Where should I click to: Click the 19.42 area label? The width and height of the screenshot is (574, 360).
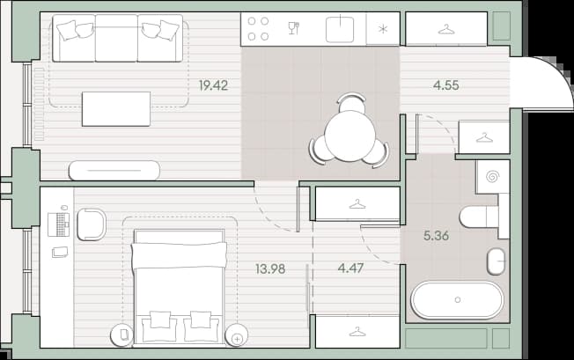[x=213, y=85]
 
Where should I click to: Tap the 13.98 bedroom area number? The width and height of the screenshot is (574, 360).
[x=270, y=269]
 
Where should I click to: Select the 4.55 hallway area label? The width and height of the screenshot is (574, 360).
[x=445, y=85]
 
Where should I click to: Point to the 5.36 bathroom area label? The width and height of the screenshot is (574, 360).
[x=436, y=236]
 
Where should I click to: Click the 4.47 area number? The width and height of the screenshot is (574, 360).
[x=350, y=268]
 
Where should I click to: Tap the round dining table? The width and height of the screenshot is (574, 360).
[x=350, y=136]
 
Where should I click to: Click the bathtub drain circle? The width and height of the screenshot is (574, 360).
[x=457, y=299]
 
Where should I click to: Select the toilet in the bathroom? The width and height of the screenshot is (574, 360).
[x=479, y=217]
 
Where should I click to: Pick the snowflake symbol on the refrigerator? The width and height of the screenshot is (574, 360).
[x=383, y=29]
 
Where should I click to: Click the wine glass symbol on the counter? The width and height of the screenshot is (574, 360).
[x=293, y=28]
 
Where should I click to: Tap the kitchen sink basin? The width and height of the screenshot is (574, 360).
[x=340, y=30]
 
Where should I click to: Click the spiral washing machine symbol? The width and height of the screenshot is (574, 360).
[x=492, y=177]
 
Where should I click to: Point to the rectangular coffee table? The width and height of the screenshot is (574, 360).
[x=116, y=109]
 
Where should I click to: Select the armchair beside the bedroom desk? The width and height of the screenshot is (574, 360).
[x=92, y=224]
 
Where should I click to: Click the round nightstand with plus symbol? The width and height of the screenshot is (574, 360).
[x=237, y=335]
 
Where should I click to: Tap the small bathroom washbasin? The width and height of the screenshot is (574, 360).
[x=496, y=261]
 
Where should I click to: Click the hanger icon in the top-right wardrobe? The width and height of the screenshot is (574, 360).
[x=446, y=30]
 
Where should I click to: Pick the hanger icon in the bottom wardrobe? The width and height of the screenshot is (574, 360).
[x=357, y=332]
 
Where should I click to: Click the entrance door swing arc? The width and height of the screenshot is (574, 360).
[x=559, y=72]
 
